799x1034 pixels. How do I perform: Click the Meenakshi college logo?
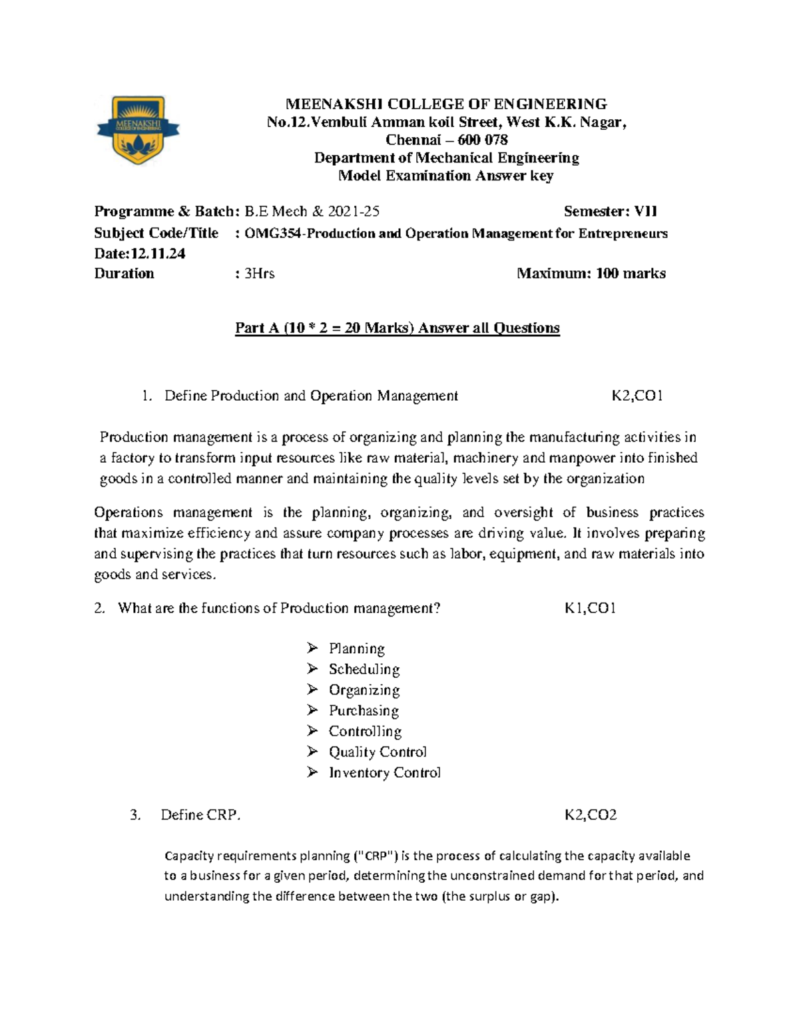click(x=138, y=130)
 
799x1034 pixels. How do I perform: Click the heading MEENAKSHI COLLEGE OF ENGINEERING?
click(x=445, y=104)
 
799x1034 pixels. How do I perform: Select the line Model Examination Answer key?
click(x=445, y=176)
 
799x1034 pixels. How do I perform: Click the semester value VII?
click(x=645, y=212)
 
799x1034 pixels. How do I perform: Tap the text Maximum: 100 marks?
click(x=591, y=274)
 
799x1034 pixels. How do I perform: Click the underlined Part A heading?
click(x=397, y=328)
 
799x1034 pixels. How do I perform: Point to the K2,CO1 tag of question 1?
click(x=637, y=396)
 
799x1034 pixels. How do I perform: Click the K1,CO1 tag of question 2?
click(x=590, y=609)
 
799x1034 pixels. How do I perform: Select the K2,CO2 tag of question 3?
click(x=590, y=815)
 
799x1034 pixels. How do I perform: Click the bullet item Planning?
click(x=356, y=648)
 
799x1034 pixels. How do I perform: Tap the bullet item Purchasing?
click(x=364, y=710)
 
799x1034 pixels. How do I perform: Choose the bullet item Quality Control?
click(x=378, y=752)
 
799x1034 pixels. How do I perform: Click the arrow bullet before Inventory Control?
click(x=313, y=772)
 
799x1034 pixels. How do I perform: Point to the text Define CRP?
click(x=200, y=815)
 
